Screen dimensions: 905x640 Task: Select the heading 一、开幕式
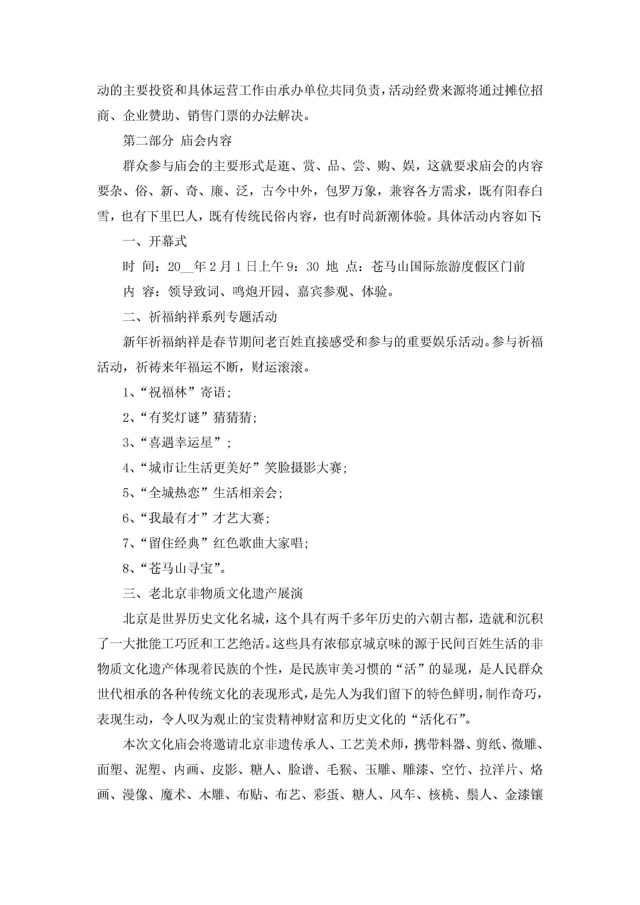pyautogui.click(x=155, y=241)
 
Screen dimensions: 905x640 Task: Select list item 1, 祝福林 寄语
pyautogui.click(x=177, y=392)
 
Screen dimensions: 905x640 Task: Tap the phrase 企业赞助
pyautogui.click(x=149, y=116)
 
